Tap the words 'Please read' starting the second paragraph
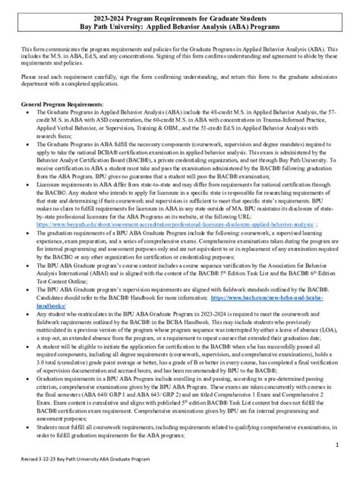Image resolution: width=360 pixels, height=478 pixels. coord(35,77)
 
